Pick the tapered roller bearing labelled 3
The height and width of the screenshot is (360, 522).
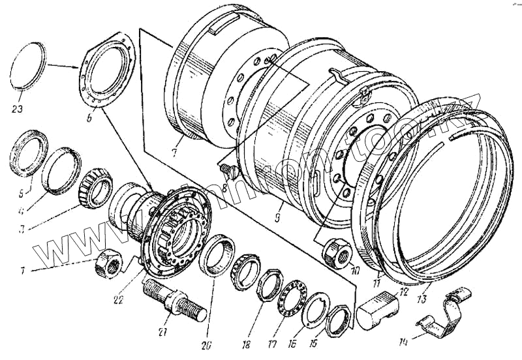point(93,187)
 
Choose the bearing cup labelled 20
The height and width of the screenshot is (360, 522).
point(218,256)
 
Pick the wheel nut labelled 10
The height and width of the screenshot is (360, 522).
point(337,252)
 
